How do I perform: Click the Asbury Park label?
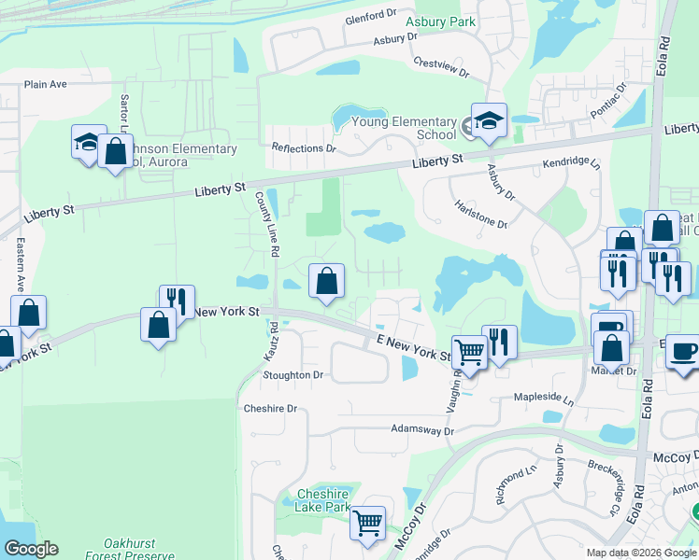pos(441,21)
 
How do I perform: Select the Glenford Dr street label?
pos(370,17)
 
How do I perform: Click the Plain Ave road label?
pos(46,84)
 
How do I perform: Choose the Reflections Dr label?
pos(303,148)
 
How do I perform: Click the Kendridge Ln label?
pos(571,162)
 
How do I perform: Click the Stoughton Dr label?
pos(293,375)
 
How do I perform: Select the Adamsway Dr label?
pos(421,431)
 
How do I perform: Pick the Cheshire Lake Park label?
pos(322,500)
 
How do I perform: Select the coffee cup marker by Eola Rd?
pos(682,351)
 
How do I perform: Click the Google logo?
pos(31,549)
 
